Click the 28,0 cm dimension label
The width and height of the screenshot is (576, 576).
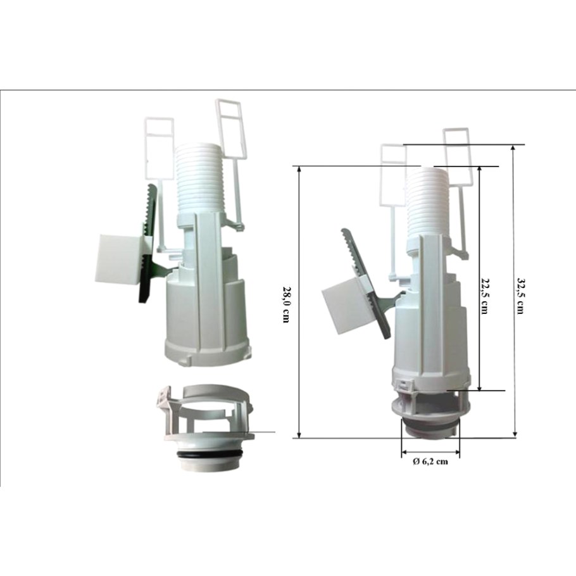[286, 304]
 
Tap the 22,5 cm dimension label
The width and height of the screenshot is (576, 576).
[485, 296]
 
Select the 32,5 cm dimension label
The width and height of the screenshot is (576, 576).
[520, 296]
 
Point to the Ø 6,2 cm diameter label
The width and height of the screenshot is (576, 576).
[430, 461]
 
